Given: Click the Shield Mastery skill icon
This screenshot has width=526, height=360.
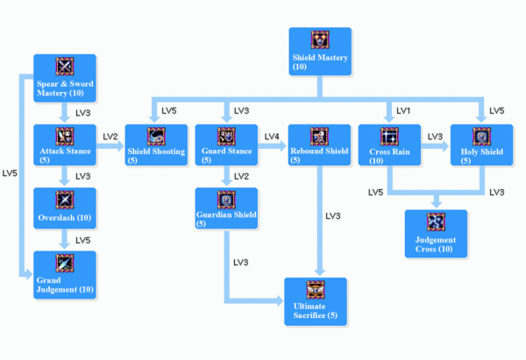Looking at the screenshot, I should click(x=320, y=40).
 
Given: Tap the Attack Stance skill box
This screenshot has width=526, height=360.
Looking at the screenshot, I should click(x=65, y=145).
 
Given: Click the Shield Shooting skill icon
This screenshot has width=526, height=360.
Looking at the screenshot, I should click(x=156, y=137).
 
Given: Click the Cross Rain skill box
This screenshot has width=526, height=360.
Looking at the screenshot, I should click(x=389, y=145).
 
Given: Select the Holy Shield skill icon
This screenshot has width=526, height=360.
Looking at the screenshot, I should click(x=480, y=137).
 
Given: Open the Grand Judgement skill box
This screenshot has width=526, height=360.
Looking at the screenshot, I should click(x=65, y=272).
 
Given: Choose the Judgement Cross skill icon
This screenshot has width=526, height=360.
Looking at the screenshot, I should click(x=436, y=222).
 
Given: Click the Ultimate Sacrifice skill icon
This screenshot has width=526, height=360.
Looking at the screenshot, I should click(x=315, y=290).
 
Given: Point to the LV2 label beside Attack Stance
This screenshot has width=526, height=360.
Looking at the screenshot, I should click(x=110, y=136).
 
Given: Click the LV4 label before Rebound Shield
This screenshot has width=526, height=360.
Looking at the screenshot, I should click(x=273, y=136).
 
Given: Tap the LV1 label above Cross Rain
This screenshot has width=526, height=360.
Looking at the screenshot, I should click(x=403, y=111).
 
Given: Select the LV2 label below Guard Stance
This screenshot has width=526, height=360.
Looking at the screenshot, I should click(x=241, y=176).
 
